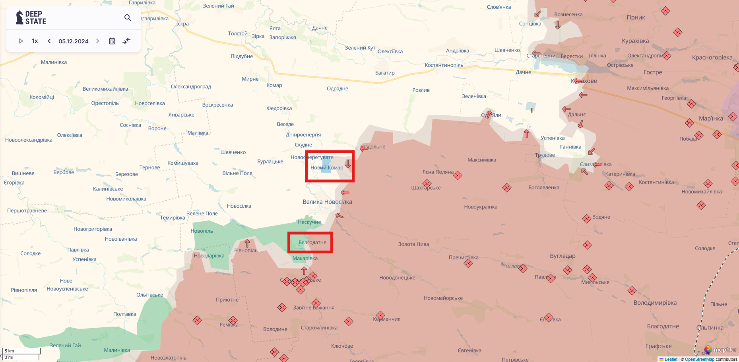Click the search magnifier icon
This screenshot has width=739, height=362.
pyautogui.click(x=128, y=18)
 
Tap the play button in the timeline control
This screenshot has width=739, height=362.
pyautogui.click(x=21, y=41)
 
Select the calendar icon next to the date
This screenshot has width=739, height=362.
pyautogui.click(x=112, y=41)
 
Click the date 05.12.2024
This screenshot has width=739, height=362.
pyautogui.click(x=74, y=41)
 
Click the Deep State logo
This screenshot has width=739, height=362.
pyautogui.click(x=31, y=18)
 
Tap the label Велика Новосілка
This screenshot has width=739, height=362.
pyautogui.click(x=327, y=202)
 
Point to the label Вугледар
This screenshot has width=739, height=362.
pyautogui.click(x=562, y=256)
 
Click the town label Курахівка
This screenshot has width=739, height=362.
pyautogui.click(x=635, y=41)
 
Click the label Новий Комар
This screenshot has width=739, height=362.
pyautogui.click(x=326, y=167)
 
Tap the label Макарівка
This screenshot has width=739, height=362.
pyautogui.click(x=305, y=258)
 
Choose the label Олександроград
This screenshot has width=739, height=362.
pyautogui.click(x=191, y=86)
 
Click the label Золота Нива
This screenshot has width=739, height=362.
pyautogui.click(x=413, y=244)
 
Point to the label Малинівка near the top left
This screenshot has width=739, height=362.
pyautogui.click(x=54, y=62)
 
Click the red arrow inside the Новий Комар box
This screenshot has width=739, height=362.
pyautogui.click(x=348, y=163)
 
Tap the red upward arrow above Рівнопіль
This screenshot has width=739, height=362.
pyautogui.click(x=247, y=243)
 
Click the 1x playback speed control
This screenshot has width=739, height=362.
pyautogui.click(x=35, y=41)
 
